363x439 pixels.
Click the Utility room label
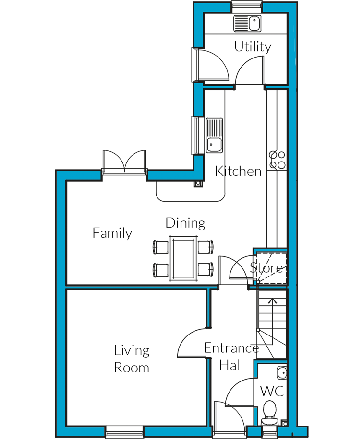[253, 47]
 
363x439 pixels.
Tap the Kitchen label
[238, 171]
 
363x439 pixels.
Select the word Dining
[185, 223]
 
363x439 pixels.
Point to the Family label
[112, 233]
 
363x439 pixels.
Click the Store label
[266, 268]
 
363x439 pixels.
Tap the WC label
[272, 391]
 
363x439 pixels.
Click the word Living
[132, 351]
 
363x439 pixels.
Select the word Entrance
[232, 348]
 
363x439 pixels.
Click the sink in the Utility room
[247, 23]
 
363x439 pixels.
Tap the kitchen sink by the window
[215, 136]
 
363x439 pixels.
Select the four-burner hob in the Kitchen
[277, 160]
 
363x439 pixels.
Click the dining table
[183, 258]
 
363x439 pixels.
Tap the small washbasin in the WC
[282, 373]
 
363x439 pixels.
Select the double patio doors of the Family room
[124, 162]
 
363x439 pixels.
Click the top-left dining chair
[161, 247]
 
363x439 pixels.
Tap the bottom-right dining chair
[206, 270]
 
